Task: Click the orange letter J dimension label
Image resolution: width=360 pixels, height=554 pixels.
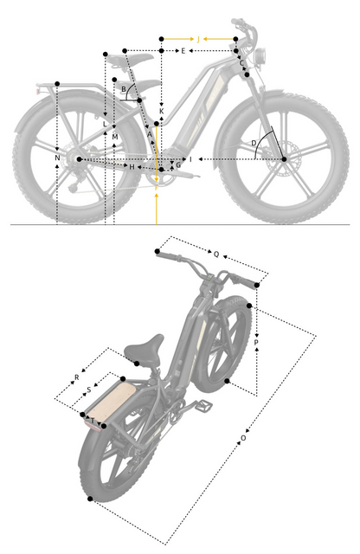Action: [198, 40]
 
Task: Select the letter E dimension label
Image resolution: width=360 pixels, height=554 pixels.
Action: [183, 52]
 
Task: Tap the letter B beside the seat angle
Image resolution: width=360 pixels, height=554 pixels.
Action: [124, 89]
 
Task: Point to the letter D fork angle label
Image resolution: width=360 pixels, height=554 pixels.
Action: [254, 142]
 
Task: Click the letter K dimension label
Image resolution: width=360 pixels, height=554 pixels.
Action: [161, 112]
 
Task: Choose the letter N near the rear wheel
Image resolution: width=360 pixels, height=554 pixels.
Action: [57, 158]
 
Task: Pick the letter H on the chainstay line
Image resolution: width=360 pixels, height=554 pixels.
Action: [132, 165]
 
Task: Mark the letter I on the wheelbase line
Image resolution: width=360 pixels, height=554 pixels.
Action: [190, 160]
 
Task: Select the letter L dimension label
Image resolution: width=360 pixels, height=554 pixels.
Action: [105, 125]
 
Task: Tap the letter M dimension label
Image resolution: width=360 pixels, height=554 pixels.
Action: [114, 137]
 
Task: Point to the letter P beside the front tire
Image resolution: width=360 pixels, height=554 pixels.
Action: [256, 343]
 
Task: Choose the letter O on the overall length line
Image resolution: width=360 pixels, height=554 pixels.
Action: [243, 438]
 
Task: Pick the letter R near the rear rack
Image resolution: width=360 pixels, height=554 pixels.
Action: [76, 378]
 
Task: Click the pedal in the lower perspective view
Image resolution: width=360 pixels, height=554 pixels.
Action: [208, 404]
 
